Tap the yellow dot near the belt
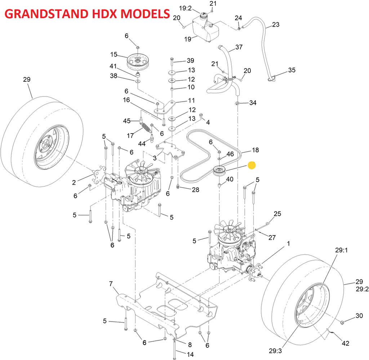tap(252, 165)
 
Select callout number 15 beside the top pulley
tap(114, 54)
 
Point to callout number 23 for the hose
tap(276, 24)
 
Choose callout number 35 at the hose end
tap(292, 70)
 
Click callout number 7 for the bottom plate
tap(111, 284)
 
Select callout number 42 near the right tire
tap(345, 343)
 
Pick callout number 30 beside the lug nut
tap(359, 316)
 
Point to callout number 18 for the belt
tap(255, 150)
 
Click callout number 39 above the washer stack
tap(190, 60)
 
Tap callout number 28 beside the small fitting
tap(195, 189)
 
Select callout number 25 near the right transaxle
tap(277, 214)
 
